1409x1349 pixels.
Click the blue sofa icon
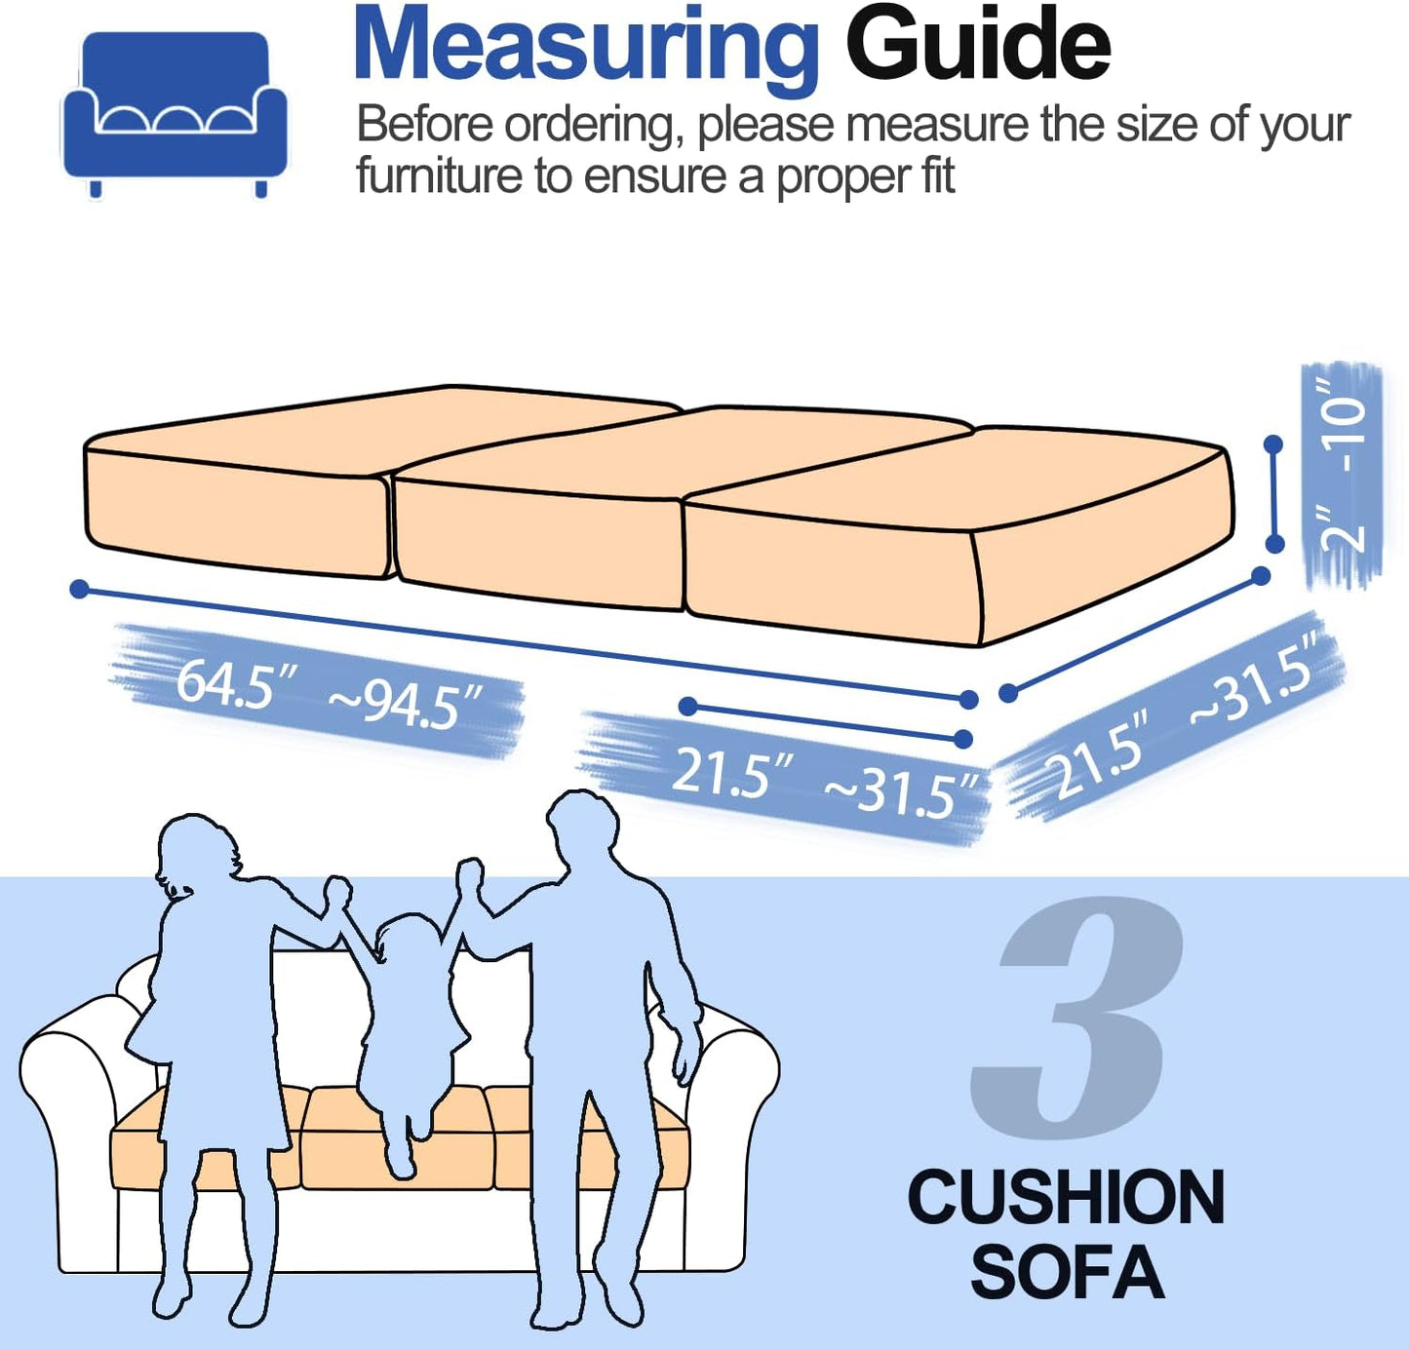[176, 112]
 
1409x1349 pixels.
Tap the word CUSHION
[1066, 1197]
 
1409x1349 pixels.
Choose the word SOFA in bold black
[1067, 1273]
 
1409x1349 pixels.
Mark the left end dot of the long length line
[80, 589]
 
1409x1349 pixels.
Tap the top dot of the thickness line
[1272, 444]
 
